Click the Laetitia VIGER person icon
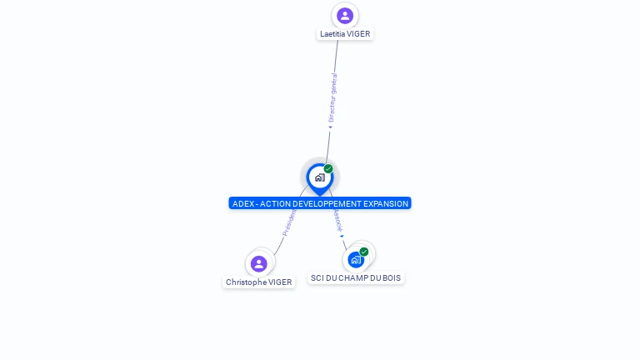(345, 16)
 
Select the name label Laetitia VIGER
(345, 34)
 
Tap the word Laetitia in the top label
(332, 34)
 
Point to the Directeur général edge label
(332, 98)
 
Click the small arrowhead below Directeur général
(330, 127)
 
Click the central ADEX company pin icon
(319, 177)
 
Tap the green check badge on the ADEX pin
(328, 168)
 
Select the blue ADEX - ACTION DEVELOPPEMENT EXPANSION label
(320, 203)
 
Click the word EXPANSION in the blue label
(384, 203)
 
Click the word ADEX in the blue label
(242, 203)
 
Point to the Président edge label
(289, 222)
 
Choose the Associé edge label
(337, 219)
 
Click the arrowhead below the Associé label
(342, 237)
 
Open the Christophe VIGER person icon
(259, 263)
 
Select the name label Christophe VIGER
(259, 282)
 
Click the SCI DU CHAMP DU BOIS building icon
(356, 259)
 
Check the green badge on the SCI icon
(364, 251)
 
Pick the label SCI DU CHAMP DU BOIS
(356, 278)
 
